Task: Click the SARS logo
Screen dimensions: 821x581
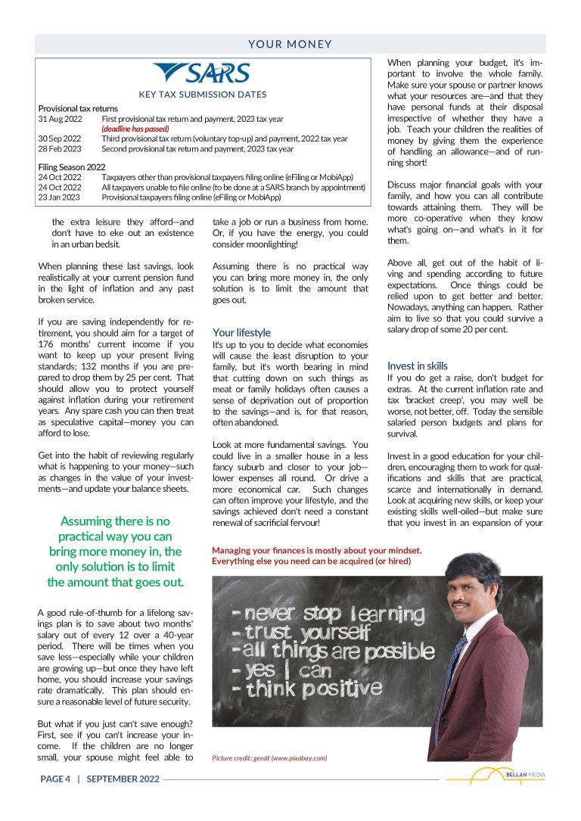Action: [201, 73]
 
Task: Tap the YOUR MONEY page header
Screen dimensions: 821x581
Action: [290, 44]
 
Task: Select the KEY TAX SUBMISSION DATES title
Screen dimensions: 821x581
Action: [202, 95]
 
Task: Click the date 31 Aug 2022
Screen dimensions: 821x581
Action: [60, 119]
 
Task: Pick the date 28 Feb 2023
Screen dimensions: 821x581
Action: [60, 148]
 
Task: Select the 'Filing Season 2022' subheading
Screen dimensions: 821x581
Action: [72, 166]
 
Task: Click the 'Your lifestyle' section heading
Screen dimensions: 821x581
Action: [241, 332]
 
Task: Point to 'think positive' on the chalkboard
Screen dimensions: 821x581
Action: [307, 688]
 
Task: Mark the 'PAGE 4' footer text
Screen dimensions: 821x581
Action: [55, 779]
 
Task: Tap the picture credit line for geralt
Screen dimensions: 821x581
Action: [269, 757]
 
